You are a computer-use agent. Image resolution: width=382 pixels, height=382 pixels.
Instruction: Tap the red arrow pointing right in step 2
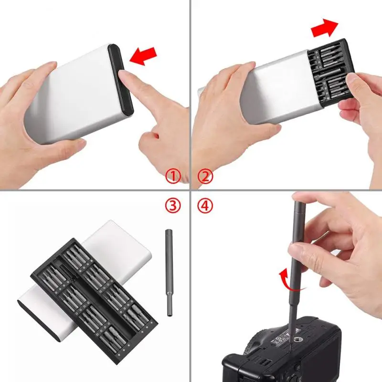(x=325, y=29)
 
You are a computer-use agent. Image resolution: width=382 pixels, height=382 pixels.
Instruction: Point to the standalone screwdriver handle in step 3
(x=170, y=272)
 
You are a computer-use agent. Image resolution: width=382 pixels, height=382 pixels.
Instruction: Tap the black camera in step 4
(x=286, y=353)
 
